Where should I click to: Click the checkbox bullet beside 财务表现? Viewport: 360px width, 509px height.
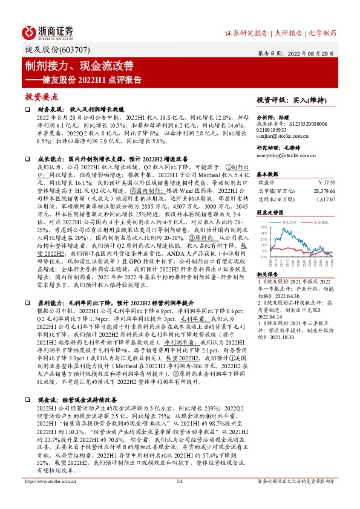(x=28, y=109)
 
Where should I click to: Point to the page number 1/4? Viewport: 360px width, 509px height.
(x=179, y=498)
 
